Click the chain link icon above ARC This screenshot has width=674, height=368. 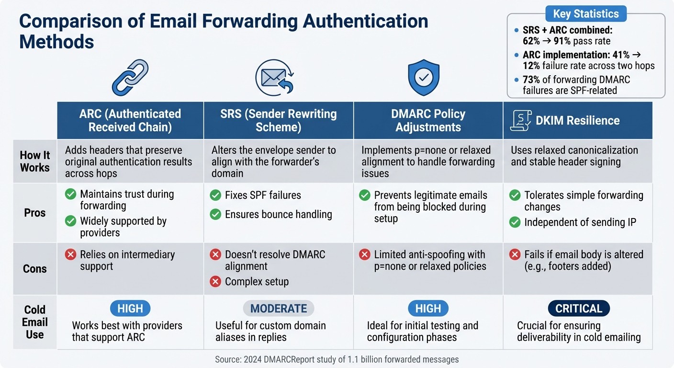[x=130, y=78]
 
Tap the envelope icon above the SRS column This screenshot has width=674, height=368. [x=274, y=78]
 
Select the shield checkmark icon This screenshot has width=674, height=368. [x=423, y=78]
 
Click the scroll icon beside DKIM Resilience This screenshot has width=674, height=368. [x=519, y=120]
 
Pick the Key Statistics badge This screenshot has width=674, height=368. [x=585, y=13]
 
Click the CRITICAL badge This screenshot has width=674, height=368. [x=579, y=308]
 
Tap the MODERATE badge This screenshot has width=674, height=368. [x=279, y=308]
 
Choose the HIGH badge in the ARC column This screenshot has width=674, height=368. [x=130, y=308]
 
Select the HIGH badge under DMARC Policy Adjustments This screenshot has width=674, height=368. [x=428, y=308]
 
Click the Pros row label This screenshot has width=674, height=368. [x=35, y=213]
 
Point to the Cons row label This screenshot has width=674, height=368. [x=35, y=269]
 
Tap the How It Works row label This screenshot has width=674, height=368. [x=35, y=161]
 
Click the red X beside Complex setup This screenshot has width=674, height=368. [x=215, y=281]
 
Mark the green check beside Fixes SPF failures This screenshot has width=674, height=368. [x=215, y=195]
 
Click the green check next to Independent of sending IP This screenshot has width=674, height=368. [x=515, y=222]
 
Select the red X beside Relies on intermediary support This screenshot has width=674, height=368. [x=70, y=254]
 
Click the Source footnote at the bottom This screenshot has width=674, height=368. [x=337, y=359]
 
